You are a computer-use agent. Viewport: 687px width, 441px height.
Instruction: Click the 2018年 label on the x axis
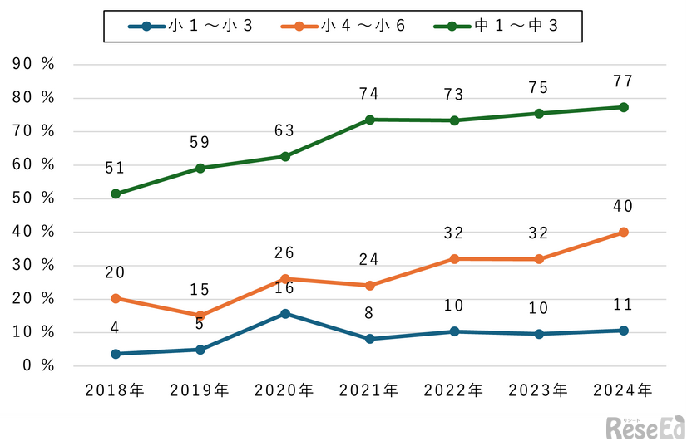116,389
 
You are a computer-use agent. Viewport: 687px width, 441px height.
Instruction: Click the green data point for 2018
116,194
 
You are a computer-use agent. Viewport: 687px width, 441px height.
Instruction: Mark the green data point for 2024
624,107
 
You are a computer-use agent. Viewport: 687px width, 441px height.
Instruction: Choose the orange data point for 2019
200,316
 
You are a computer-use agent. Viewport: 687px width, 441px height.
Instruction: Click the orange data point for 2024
624,233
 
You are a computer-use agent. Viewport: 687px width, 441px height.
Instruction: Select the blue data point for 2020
285,313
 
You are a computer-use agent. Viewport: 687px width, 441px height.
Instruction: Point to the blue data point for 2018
116,354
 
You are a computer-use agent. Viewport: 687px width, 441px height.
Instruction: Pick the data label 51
116,169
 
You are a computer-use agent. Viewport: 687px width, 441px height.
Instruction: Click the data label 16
285,288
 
